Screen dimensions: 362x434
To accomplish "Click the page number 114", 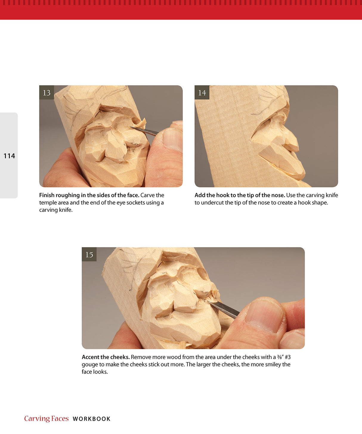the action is [x=9, y=156].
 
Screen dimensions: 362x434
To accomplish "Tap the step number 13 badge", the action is [x=47, y=93].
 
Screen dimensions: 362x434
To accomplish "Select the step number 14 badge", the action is [x=202, y=93].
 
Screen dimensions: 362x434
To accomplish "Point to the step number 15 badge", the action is [x=89, y=254].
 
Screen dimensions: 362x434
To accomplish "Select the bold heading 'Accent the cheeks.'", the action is [x=106, y=357].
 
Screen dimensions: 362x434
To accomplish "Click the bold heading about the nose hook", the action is [x=240, y=195].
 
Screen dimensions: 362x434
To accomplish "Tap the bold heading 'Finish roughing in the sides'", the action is [x=89, y=195].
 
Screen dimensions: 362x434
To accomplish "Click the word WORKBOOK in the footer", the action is [x=92, y=419].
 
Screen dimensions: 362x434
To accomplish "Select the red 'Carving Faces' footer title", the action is [x=47, y=419].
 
